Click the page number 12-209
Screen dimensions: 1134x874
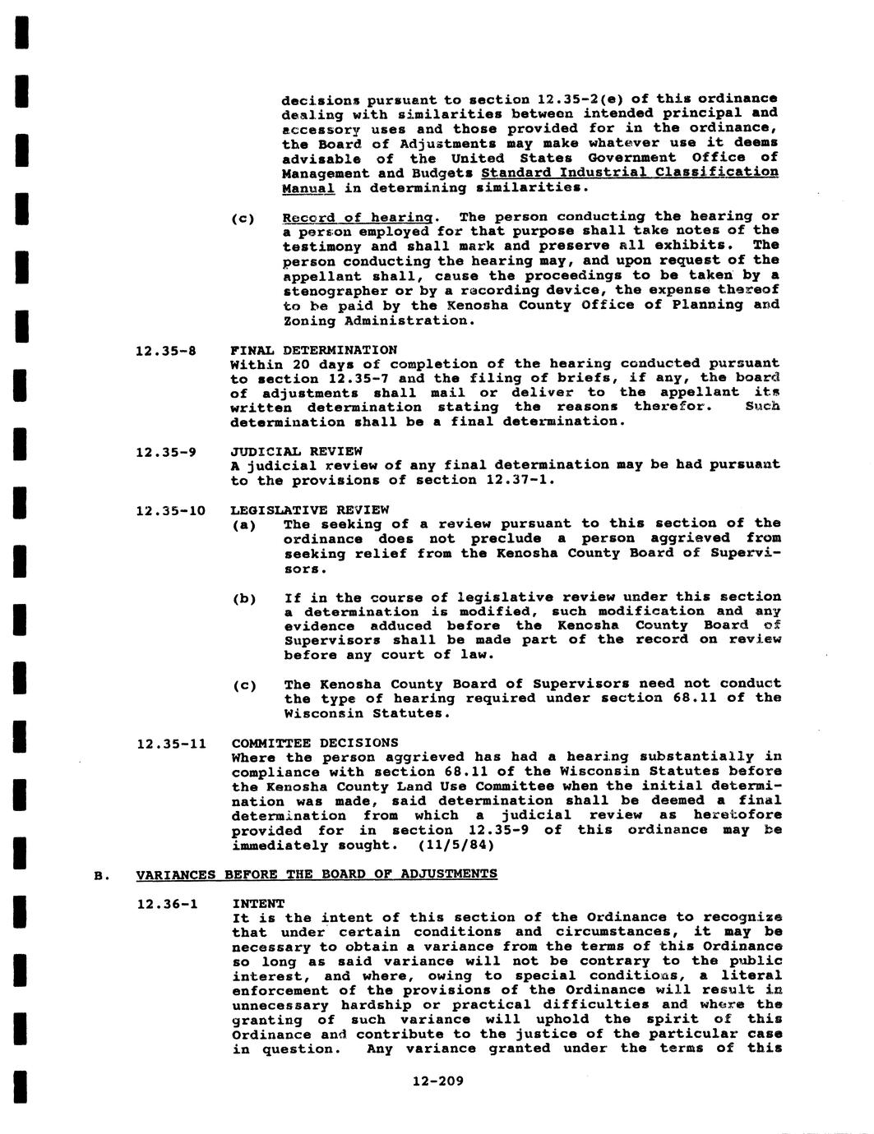click(437, 1081)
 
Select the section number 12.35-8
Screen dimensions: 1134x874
click(165, 351)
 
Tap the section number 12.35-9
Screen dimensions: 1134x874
click(165, 451)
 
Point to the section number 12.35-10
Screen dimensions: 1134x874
click(169, 510)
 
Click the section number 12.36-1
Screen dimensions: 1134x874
click(167, 904)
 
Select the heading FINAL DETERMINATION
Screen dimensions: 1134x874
click(313, 350)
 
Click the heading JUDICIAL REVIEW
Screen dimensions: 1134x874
click(296, 451)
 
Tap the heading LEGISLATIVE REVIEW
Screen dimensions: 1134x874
click(309, 509)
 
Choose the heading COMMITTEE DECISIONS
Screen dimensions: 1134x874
click(314, 743)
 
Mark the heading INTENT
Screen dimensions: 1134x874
click(257, 903)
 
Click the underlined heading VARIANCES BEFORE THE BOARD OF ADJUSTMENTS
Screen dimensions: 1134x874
click(317, 874)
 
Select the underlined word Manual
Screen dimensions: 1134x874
click(308, 188)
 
